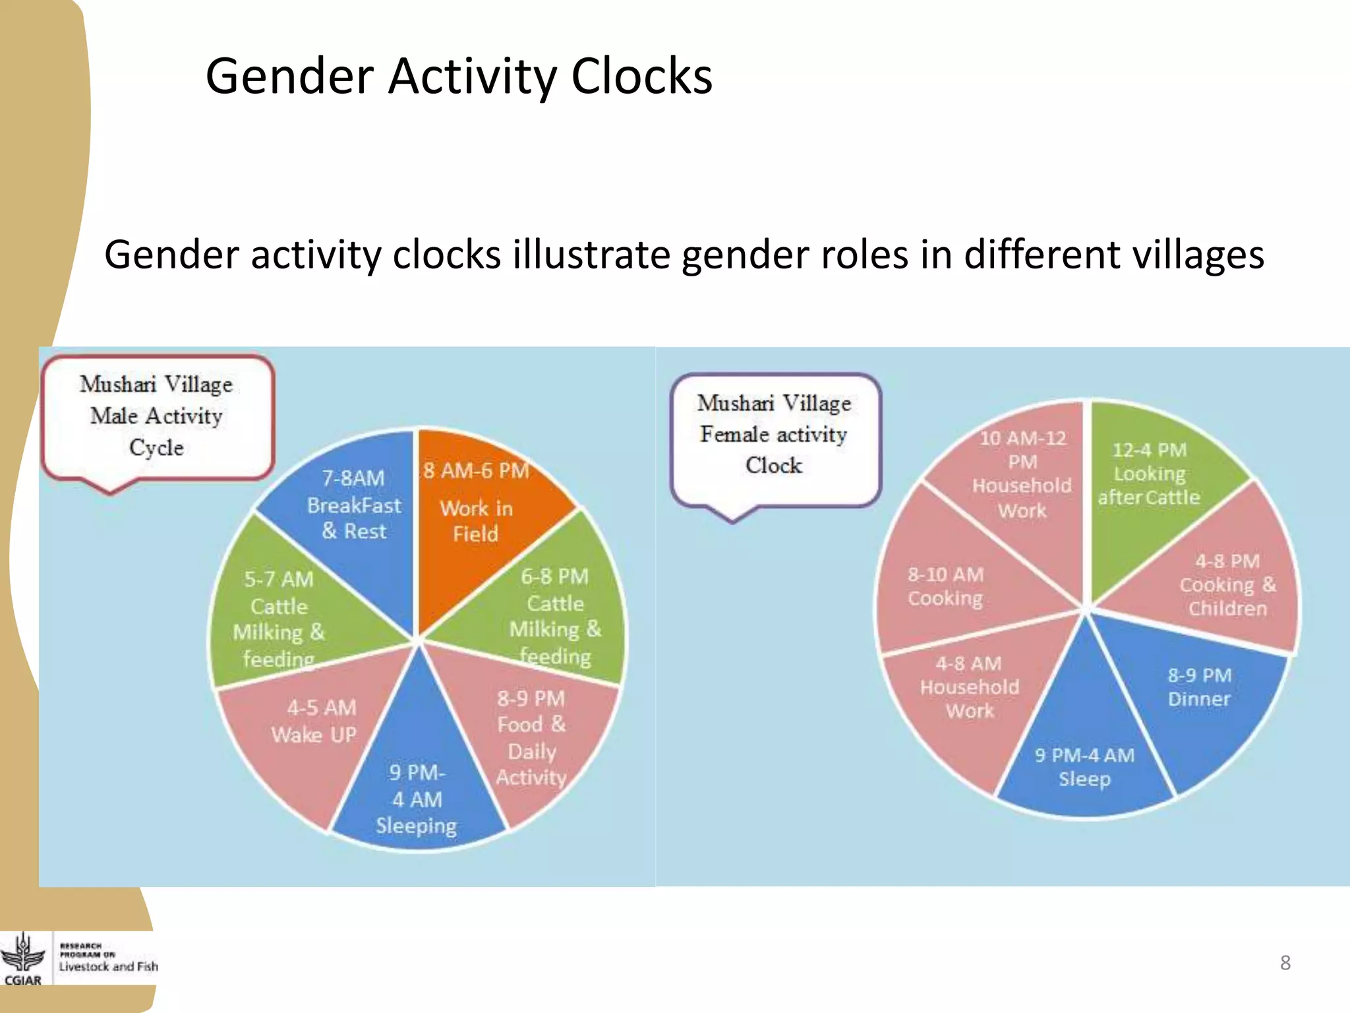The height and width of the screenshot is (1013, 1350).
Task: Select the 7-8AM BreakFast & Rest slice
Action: pyautogui.click(x=353, y=521)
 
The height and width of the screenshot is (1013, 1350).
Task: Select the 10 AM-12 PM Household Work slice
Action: pyautogui.click(x=1022, y=481)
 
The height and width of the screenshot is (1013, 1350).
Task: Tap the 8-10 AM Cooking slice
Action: pyautogui.click(x=956, y=587)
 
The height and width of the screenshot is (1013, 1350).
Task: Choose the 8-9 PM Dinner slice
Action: pyautogui.click(x=1200, y=699)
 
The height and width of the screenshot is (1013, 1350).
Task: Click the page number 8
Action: pyautogui.click(x=1285, y=963)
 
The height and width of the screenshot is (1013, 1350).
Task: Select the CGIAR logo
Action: pyautogui.click(x=23, y=960)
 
